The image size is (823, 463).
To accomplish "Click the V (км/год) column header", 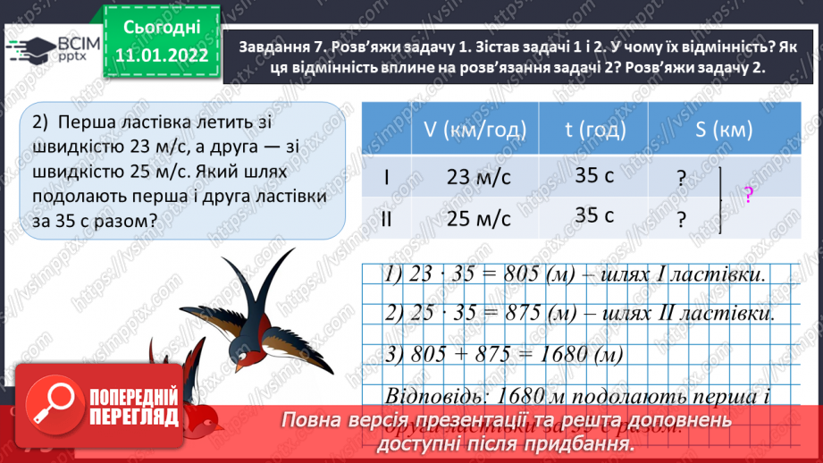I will pyautogui.click(x=467, y=130).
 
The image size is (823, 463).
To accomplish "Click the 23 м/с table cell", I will pyautogui.click(x=479, y=177).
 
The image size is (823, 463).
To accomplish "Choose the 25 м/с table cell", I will pyautogui.click(x=479, y=219).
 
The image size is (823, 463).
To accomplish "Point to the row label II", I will pyautogui.click(x=386, y=219).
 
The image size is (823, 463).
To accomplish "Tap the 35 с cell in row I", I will pyautogui.click(x=594, y=176).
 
